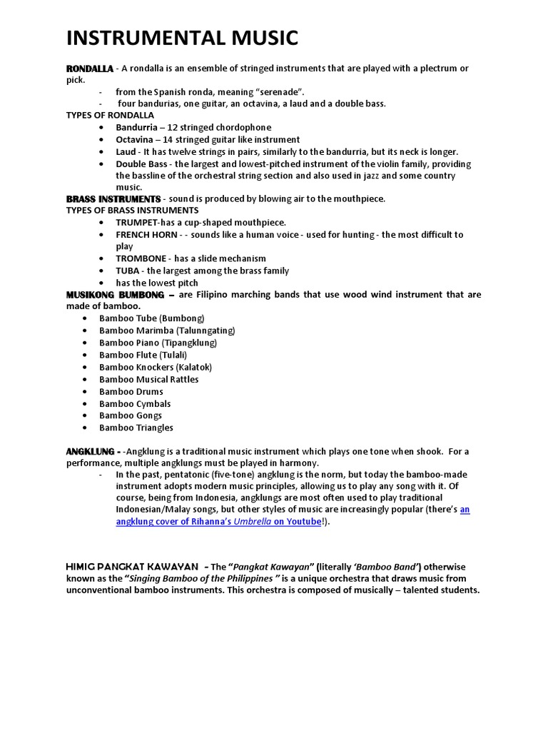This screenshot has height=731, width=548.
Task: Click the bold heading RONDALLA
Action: pyautogui.click(x=89, y=69)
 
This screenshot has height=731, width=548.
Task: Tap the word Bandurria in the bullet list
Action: pyautogui.click(x=137, y=128)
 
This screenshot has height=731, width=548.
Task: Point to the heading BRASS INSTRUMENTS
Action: pyautogui.click(x=113, y=198)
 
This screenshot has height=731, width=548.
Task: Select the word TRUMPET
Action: pyautogui.click(x=137, y=223)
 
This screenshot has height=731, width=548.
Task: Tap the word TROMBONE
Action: pyautogui.click(x=141, y=258)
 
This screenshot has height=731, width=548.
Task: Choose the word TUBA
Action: pyautogui.click(x=127, y=271)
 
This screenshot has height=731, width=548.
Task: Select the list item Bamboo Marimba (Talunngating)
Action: pyautogui.click(x=167, y=331)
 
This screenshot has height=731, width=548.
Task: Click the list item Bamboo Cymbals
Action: pyautogui.click(x=135, y=403)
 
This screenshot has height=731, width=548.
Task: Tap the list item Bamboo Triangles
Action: pyautogui.click(x=136, y=428)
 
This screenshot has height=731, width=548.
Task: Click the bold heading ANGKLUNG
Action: pyautogui.click(x=90, y=452)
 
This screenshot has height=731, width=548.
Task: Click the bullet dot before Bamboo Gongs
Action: pyautogui.click(x=84, y=415)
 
